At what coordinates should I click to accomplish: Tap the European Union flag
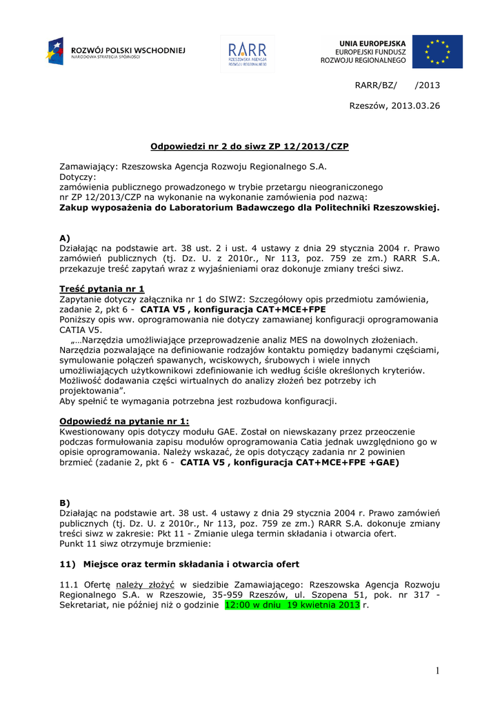tap(437, 52)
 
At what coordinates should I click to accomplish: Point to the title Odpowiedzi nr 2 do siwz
tap(250, 146)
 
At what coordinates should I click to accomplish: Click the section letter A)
tap(65, 238)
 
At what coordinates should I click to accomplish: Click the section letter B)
tap(65, 503)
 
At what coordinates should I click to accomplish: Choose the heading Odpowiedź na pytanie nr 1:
tap(124, 421)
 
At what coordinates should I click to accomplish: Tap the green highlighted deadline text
tap(292, 605)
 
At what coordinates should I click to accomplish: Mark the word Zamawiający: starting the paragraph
tap(88, 167)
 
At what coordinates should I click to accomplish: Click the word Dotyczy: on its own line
tap(78, 177)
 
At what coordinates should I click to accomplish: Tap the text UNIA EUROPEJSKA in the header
tap(372, 43)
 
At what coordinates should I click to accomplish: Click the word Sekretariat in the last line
tap(85, 605)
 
